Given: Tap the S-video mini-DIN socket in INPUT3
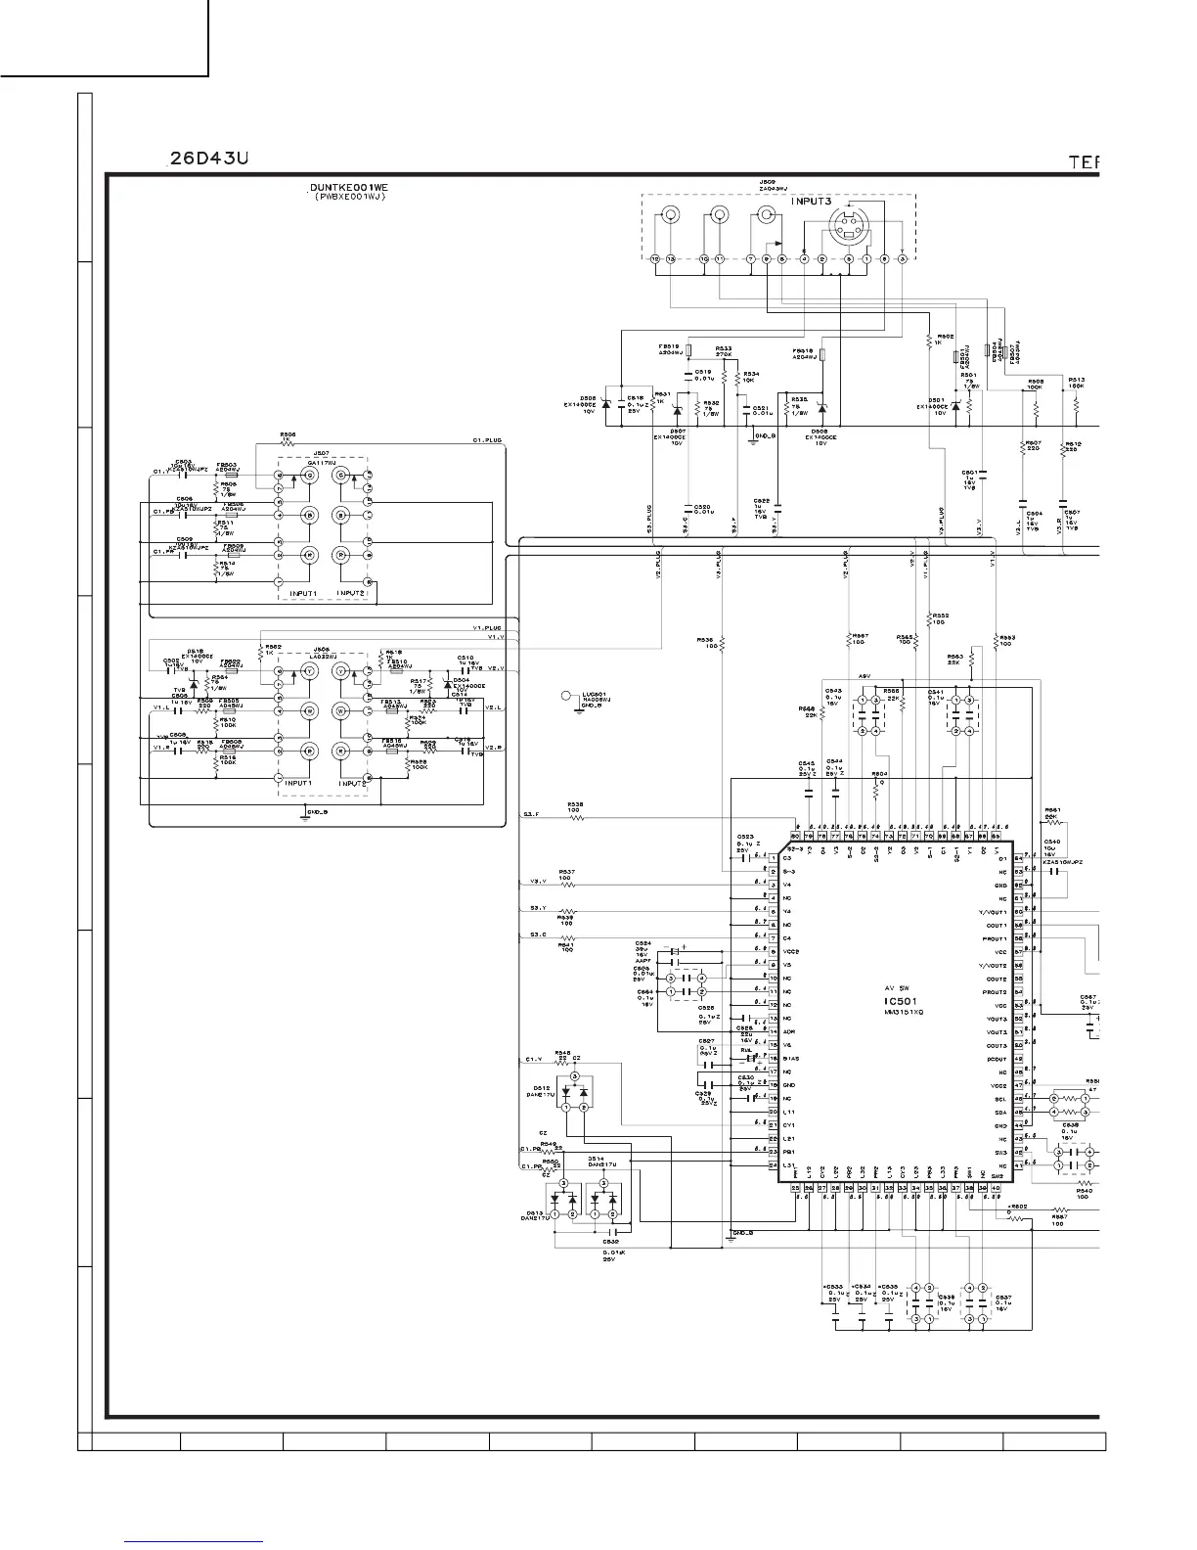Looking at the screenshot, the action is [x=848, y=231].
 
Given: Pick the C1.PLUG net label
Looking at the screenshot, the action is [x=486, y=441].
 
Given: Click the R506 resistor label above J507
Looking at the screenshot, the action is [x=288, y=433].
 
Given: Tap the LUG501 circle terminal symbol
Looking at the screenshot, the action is [x=566, y=696].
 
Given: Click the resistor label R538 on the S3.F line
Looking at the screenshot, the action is [x=575, y=805].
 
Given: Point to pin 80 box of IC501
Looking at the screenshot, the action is [x=795, y=836].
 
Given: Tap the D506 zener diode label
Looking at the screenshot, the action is [x=588, y=399].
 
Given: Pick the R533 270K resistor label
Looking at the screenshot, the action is [x=724, y=348].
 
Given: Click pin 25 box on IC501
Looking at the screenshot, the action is [x=795, y=1188].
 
